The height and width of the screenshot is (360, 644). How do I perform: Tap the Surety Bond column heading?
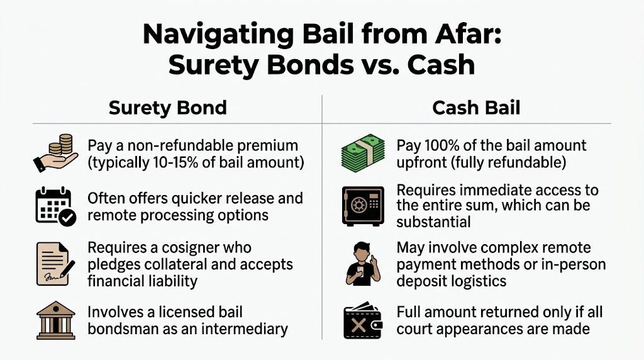coord(167,108)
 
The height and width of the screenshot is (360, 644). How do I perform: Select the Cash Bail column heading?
coord(476,108)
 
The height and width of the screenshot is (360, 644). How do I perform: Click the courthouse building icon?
coord(54,321)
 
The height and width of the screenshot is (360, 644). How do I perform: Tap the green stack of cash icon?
coord(363,151)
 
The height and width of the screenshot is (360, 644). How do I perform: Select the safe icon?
coord(363,206)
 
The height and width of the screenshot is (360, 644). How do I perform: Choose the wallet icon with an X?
coord(364,321)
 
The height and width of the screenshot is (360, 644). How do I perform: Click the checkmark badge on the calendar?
coord(67,218)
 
